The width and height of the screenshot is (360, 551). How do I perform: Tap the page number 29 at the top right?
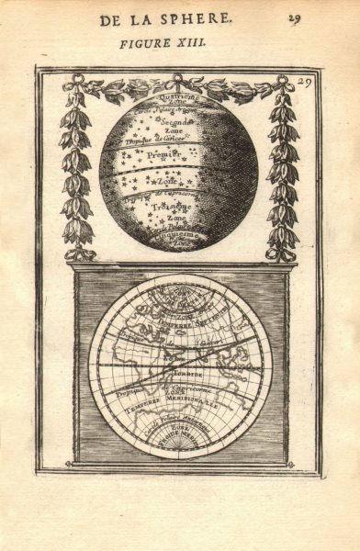point(321,18)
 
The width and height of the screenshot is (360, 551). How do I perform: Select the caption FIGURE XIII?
point(180,43)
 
